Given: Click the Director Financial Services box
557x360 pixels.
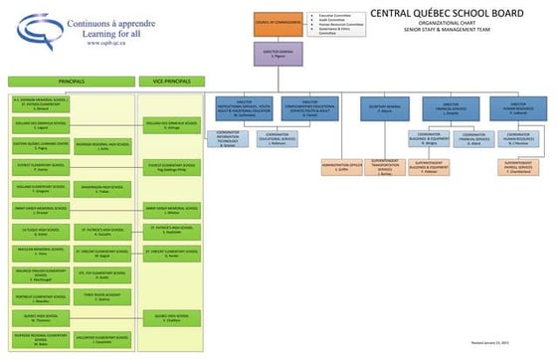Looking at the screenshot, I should coord(452,106).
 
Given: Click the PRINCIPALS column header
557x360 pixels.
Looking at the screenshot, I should coord(72,81).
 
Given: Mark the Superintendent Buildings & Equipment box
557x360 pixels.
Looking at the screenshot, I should coord(429,166).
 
